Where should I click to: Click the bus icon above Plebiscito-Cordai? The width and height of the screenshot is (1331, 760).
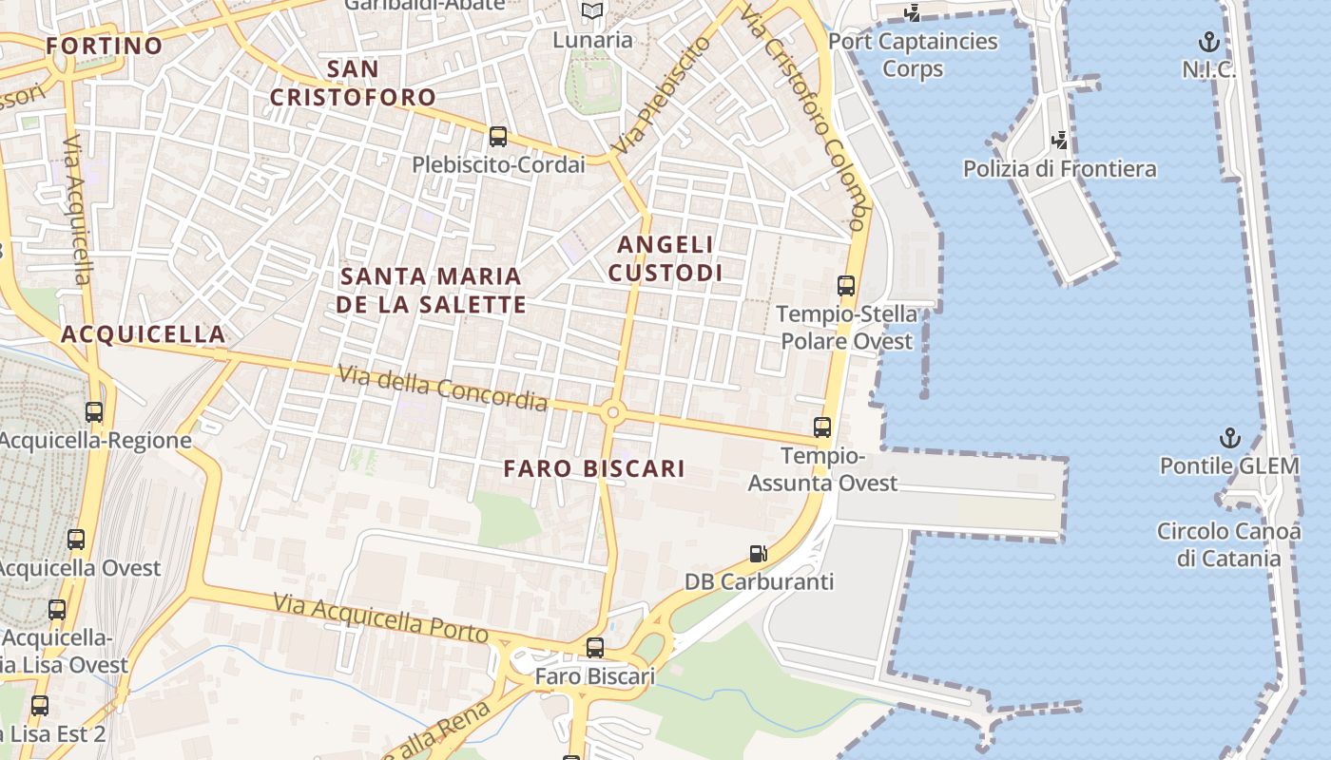pos(497,136)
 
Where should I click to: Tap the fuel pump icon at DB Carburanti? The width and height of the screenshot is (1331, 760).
pos(758,553)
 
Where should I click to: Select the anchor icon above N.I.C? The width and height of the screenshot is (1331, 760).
pos(1208,42)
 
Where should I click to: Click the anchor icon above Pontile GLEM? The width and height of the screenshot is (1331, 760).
pos(1230,438)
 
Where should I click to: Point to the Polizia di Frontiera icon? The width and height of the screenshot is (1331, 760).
pos(1059,142)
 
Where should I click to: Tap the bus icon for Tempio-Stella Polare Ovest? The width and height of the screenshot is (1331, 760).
pos(845,285)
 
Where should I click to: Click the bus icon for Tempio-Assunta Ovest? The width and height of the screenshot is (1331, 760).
pos(822,427)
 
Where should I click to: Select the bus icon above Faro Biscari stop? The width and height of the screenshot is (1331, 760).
pos(595,648)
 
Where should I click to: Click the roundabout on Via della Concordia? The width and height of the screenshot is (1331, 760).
pos(612,412)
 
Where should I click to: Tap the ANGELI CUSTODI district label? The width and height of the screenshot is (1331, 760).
pos(665,258)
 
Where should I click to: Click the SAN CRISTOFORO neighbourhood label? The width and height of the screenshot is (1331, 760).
pos(353,83)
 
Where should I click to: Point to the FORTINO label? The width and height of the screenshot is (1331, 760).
pos(105,46)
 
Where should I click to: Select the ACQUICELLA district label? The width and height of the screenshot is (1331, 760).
pos(144,333)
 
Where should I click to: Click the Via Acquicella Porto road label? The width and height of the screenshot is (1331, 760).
pos(380,618)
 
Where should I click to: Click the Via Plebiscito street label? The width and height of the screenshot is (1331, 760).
pos(662,96)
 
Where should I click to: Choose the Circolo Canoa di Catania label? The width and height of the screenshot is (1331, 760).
pos(1228,544)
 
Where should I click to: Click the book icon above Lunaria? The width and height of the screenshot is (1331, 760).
pos(592,11)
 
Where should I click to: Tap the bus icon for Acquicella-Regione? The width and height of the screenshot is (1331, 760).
pos(94,412)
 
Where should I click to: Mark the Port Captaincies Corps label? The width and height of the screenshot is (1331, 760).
pos(913,55)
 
